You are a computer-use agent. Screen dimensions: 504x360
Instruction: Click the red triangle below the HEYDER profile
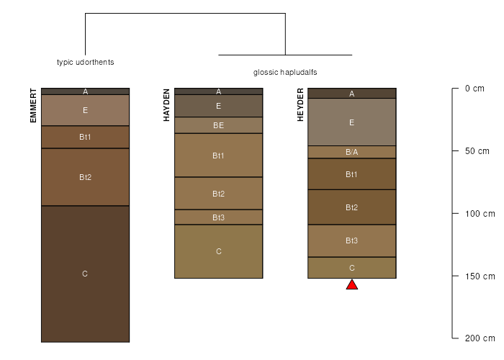tap(352, 285)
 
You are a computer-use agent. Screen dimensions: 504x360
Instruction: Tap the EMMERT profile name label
tap(33, 106)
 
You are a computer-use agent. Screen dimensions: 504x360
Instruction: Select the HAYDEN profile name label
tap(166, 105)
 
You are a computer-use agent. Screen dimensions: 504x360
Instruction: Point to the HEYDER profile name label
tap(300, 105)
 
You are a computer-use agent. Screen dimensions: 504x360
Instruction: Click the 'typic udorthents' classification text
tap(85, 62)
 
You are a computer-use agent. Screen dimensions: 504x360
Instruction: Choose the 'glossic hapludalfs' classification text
tap(285, 72)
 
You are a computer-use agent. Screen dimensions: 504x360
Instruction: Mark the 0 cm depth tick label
tap(474, 89)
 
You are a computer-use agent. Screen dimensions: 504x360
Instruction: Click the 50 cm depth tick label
tap(477, 151)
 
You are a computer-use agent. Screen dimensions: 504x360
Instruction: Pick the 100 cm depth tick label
tap(480, 214)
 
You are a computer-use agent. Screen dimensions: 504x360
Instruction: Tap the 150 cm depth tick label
tap(480, 276)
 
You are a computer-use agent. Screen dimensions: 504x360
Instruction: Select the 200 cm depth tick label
tap(480, 338)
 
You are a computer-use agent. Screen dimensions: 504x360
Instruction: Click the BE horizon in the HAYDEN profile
tap(219, 125)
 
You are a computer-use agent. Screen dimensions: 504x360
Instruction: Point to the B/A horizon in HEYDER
tap(352, 152)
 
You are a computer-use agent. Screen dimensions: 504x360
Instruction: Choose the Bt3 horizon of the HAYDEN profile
tap(219, 217)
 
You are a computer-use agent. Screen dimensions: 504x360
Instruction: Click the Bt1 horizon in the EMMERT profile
tap(85, 137)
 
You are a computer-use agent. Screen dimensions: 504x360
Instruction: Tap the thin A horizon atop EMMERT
tap(85, 91)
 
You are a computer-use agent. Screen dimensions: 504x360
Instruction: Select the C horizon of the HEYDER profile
tap(352, 268)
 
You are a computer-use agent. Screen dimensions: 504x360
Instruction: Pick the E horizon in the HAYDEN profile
tap(219, 106)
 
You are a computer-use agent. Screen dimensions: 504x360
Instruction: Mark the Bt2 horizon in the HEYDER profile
tap(352, 207)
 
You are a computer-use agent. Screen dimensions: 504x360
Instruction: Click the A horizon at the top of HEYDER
tap(352, 93)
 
